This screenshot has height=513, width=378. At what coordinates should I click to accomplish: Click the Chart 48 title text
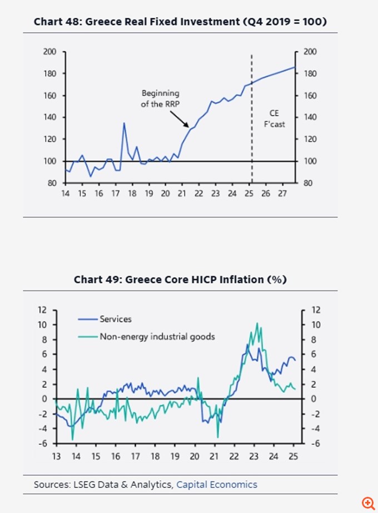(x=180, y=22)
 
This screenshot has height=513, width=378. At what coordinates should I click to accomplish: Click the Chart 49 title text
(x=180, y=279)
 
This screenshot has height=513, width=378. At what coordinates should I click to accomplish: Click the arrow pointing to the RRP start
(x=178, y=118)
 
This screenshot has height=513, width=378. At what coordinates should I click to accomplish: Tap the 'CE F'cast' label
(x=274, y=119)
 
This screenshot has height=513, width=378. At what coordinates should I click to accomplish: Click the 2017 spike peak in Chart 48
(x=123, y=123)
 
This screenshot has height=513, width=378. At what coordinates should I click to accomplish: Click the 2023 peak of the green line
(x=256, y=323)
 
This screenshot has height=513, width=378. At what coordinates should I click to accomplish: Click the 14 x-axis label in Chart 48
(x=66, y=194)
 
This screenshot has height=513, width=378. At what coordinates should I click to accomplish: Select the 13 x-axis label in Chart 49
(x=56, y=456)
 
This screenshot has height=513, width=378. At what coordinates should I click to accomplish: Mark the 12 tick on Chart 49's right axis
(x=316, y=310)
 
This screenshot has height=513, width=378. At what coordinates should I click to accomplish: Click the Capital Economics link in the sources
(x=217, y=485)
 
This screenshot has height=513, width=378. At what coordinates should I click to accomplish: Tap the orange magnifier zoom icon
(x=367, y=502)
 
